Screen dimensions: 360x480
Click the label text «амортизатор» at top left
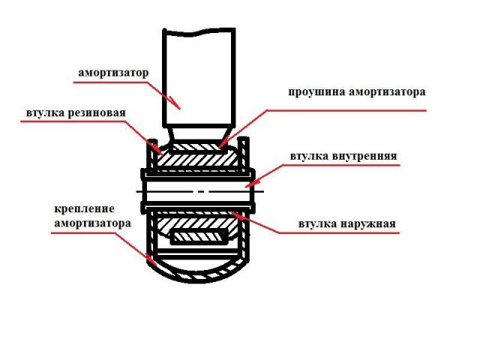tap(113, 73)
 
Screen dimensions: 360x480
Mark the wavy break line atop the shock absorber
tap(199, 32)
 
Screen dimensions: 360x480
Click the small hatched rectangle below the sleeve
tap(199, 238)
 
